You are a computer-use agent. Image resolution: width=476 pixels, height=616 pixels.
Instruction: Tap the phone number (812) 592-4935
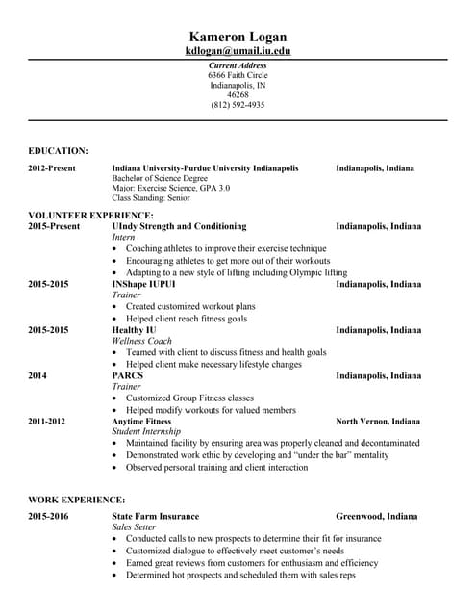238,105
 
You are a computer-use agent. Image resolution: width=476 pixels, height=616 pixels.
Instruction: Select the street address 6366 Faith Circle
238,75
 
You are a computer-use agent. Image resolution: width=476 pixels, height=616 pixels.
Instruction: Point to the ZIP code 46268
238,95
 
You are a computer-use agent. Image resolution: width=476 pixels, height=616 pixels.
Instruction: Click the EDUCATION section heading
59,150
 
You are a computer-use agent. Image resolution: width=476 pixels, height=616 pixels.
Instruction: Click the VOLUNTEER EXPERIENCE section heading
90,215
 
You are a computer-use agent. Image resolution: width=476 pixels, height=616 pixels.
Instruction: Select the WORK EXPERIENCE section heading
77,500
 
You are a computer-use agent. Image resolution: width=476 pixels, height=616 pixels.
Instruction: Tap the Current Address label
238,65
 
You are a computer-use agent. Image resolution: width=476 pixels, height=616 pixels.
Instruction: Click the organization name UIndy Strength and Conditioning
179,226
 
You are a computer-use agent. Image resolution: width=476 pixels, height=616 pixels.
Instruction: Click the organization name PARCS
128,375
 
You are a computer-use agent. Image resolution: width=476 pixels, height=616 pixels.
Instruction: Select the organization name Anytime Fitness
141,421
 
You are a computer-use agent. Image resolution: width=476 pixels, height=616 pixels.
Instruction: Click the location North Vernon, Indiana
377,421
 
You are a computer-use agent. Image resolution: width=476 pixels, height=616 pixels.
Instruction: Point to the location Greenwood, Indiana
376,516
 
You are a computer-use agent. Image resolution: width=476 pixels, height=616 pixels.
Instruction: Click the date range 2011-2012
48,421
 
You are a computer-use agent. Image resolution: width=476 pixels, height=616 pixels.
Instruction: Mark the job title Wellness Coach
142,341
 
